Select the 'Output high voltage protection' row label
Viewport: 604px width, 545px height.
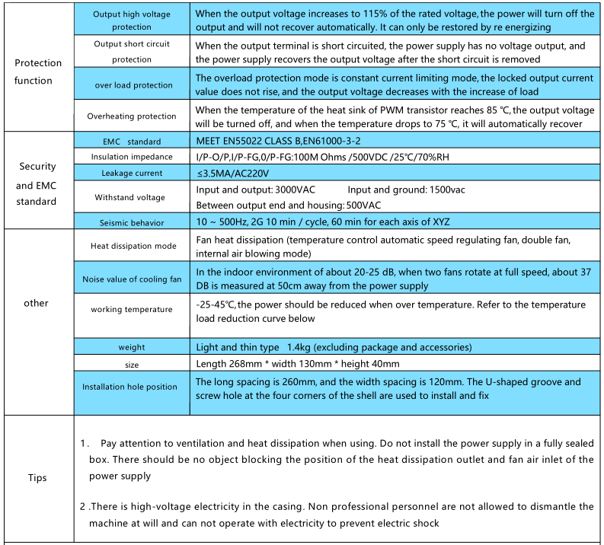point(132,21)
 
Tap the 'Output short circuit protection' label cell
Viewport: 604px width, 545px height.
point(132,52)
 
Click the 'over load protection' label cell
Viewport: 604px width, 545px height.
point(132,85)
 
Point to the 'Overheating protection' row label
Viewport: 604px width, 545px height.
point(132,116)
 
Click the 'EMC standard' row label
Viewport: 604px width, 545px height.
point(132,142)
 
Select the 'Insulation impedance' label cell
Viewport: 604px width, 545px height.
point(132,157)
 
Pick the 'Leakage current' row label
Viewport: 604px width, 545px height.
point(132,174)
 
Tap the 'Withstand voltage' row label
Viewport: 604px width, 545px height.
point(132,197)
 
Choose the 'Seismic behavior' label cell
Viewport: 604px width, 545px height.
point(132,223)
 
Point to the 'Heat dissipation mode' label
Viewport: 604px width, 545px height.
point(132,247)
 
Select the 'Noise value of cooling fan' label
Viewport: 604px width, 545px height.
point(132,279)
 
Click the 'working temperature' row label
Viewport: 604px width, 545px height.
point(132,310)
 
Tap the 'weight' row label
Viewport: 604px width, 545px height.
point(132,348)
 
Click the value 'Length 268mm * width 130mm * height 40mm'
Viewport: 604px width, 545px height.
point(297,364)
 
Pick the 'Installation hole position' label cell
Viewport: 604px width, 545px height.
point(132,387)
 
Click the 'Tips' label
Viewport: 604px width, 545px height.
point(37,478)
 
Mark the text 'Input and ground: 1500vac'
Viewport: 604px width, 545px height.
point(407,190)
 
